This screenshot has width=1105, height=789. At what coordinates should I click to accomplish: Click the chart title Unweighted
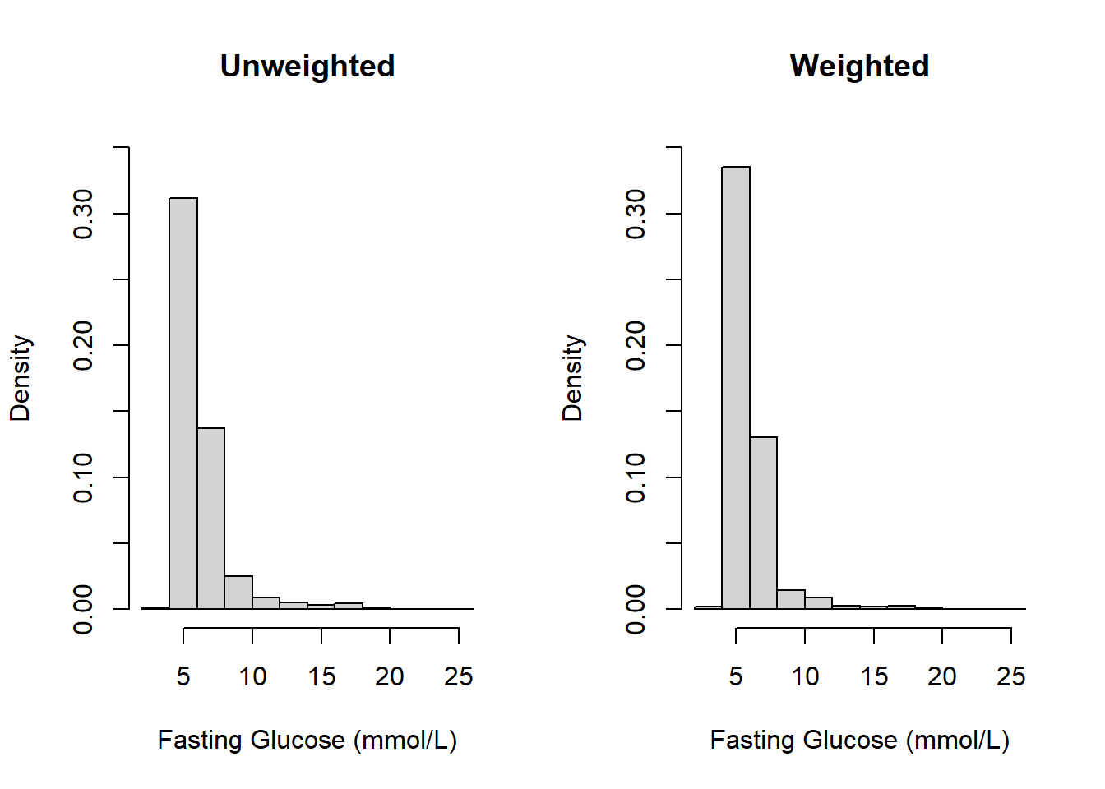(307, 66)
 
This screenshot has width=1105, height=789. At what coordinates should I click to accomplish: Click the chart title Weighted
(859, 66)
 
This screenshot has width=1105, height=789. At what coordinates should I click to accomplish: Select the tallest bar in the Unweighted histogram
(183, 403)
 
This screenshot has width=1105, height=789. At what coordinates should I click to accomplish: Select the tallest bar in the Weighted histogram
(736, 386)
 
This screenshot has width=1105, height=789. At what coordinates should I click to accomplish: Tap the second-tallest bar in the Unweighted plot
(210, 518)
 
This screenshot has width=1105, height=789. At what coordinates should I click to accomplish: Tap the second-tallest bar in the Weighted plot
(763, 523)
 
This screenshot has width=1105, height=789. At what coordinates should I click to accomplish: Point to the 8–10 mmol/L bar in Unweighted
(238, 593)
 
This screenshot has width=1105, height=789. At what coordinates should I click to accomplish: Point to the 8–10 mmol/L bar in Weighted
(791, 599)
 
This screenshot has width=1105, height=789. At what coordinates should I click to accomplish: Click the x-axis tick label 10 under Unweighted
(252, 676)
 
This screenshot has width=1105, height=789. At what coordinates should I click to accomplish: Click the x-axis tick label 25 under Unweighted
(458, 676)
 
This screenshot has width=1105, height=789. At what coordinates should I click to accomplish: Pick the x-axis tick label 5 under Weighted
(736, 676)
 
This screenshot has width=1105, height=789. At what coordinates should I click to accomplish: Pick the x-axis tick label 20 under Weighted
(941, 676)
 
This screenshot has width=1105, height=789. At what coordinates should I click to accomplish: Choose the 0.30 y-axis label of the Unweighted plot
(83, 214)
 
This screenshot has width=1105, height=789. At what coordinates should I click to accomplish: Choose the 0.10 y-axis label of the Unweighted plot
(83, 478)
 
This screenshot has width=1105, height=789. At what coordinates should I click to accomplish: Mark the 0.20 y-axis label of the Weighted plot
(636, 345)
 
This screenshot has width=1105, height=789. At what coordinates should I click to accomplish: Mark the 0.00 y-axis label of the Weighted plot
(636, 609)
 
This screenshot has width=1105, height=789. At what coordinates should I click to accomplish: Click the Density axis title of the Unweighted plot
(20, 378)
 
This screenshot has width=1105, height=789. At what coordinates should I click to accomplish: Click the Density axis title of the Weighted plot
(572, 378)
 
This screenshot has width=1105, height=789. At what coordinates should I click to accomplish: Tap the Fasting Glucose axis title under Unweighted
(307, 741)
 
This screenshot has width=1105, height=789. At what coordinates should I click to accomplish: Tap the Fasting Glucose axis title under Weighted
(859, 741)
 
